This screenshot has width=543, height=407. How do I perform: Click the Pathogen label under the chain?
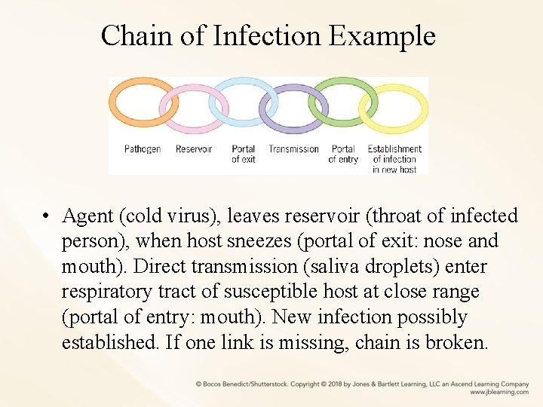pos(143,149)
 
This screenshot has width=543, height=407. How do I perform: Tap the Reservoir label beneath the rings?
pos(194,149)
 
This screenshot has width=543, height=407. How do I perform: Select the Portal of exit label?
pos(243,154)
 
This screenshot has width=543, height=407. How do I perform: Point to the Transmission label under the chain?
pos(293,149)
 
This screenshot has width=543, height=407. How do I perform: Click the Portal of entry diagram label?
pos(343,154)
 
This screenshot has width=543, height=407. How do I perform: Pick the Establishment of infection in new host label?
pos(394,159)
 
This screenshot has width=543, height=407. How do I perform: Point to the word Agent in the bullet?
pos(87,216)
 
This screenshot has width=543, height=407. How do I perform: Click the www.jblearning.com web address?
pos(499,392)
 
